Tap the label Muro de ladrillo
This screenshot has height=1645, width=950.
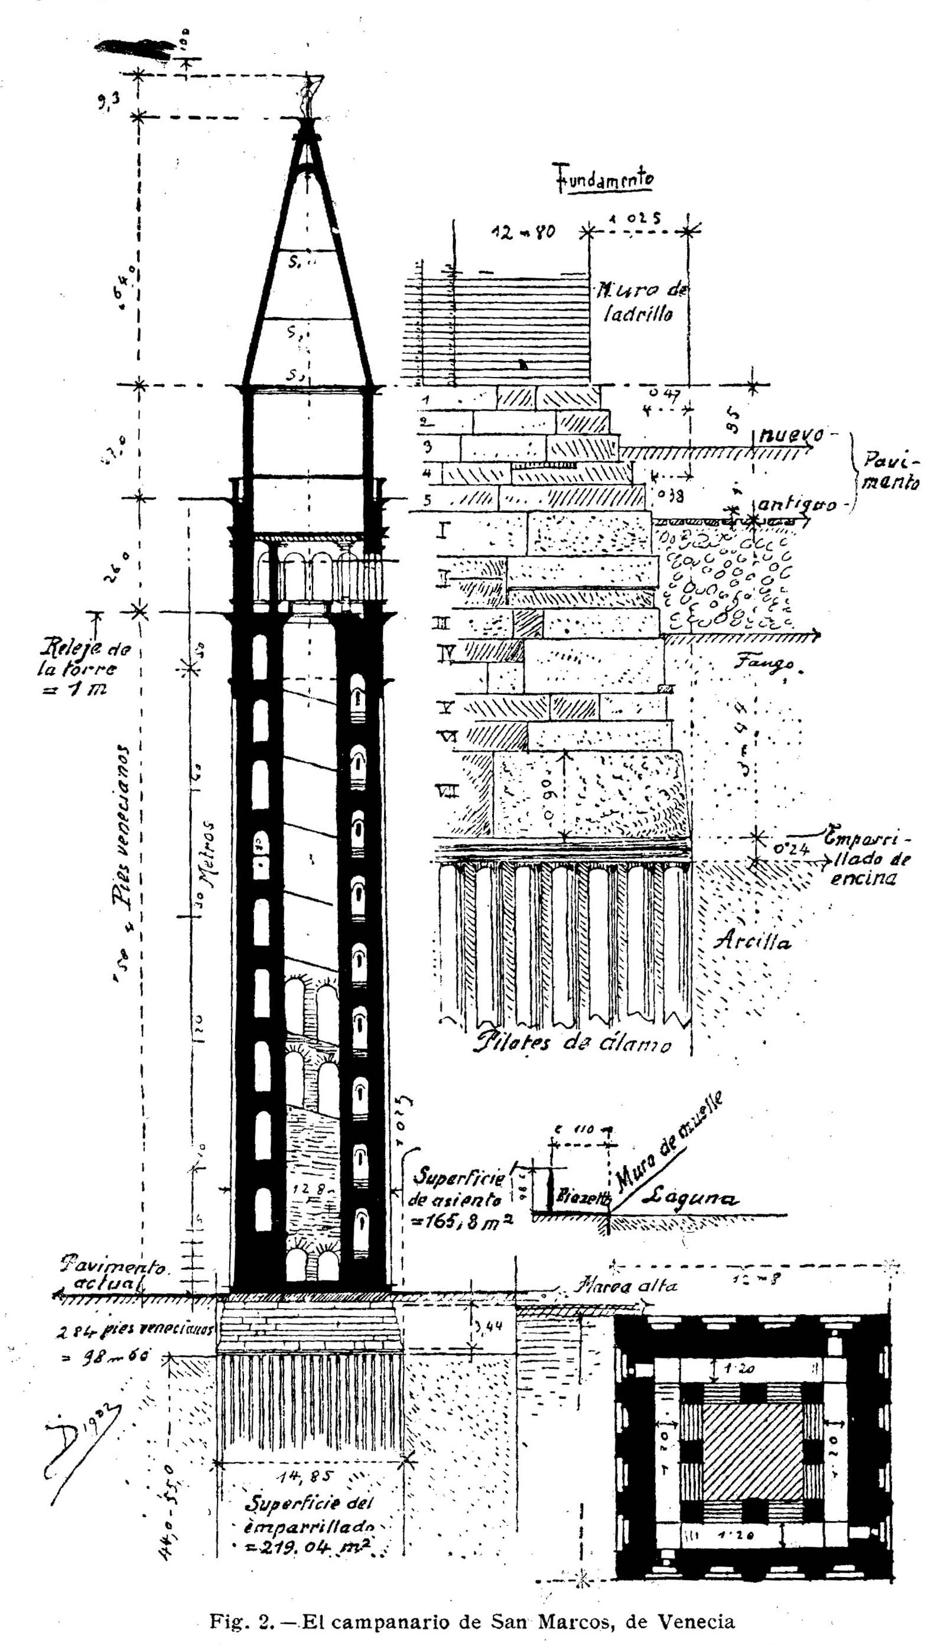(x=639, y=301)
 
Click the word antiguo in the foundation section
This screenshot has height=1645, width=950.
(x=796, y=506)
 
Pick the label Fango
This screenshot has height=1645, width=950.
(x=767, y=664)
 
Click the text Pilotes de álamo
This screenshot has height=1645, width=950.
(x=572, y=1043)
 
